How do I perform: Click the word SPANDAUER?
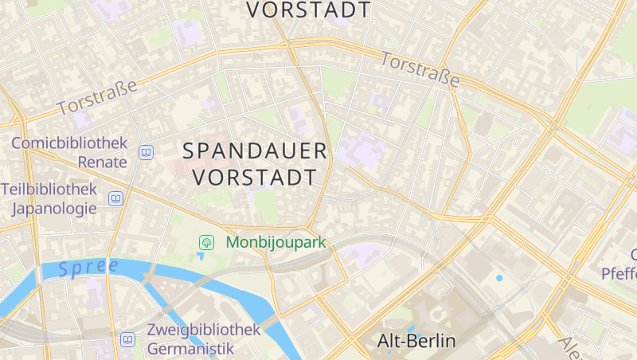click(x=255, y=151)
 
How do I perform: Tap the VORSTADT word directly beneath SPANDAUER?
click(x=255, y=176)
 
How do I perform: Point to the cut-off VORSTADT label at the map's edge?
click(x=309, y=10)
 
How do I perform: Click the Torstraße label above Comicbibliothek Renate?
click(x=103, y=96)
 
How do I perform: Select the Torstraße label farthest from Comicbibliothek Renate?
click(x=420, y=69)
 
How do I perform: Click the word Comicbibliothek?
click(x=69, y=143)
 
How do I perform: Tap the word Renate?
click(x=102, y=162)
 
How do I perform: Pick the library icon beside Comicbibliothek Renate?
click(x=146, y=152)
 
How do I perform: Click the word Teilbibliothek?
click(x=49, y=190)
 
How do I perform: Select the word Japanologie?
click(x=54, y=209)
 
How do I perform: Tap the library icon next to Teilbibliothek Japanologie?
click(x=116, y=198)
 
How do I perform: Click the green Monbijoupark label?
click(x=276, y=242)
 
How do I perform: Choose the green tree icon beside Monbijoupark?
click(x=206, y=242)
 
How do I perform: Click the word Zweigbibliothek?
click(x=203, y=330)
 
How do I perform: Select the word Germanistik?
click(x=191, y=348)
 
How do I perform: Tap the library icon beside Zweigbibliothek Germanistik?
click(x=127, y=340)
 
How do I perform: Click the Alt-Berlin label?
click(x=416, y=342)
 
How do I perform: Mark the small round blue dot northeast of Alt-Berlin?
click(x=499, y=278)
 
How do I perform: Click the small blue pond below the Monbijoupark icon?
click(x=201, y=256)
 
